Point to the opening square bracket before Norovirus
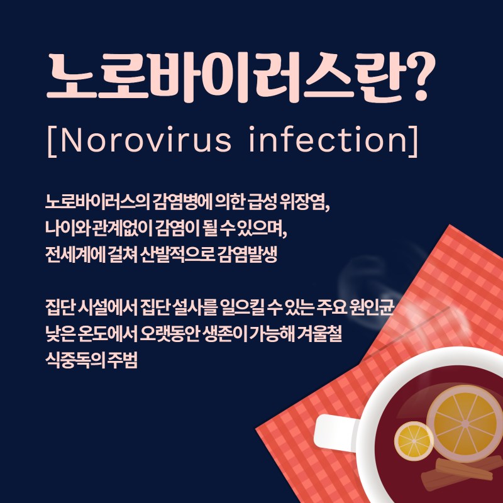point(52,141)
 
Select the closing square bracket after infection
point(413,141)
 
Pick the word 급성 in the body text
point(262,202)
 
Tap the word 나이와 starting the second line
point(67,228)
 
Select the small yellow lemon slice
point(414,441)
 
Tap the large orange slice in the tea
point(465,423)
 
